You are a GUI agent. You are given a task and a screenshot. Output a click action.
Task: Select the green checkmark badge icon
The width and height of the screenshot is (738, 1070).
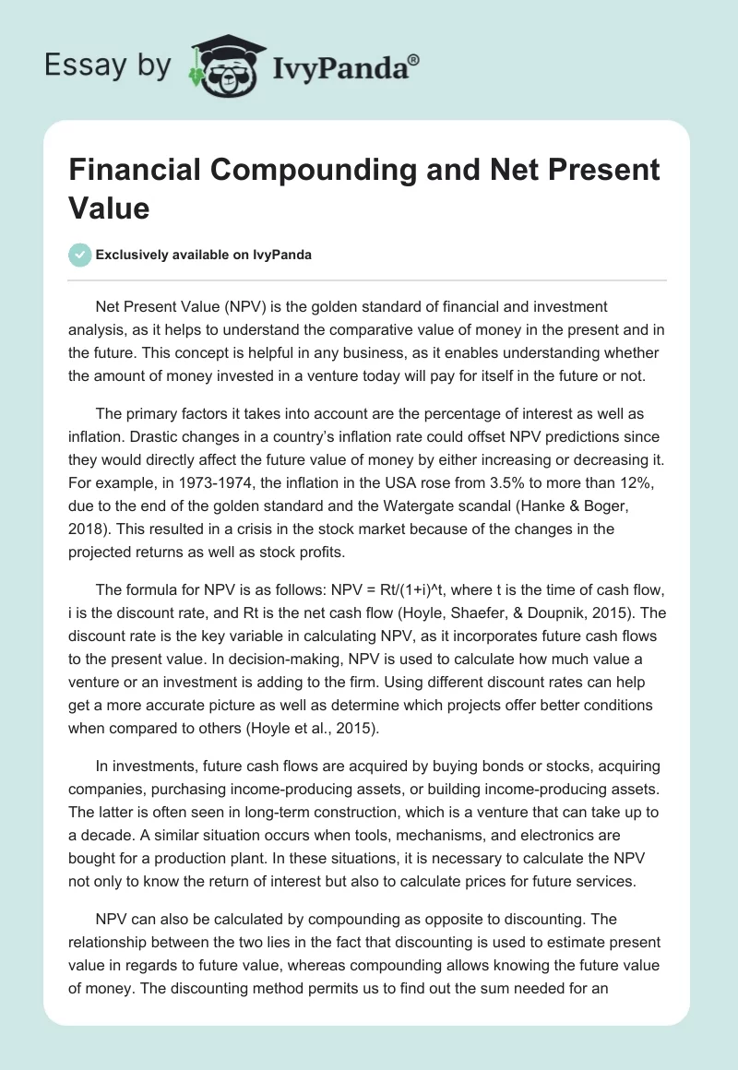tap(80, 255)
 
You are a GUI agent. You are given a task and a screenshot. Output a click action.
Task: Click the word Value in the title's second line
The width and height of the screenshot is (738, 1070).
tap(109, 208)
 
